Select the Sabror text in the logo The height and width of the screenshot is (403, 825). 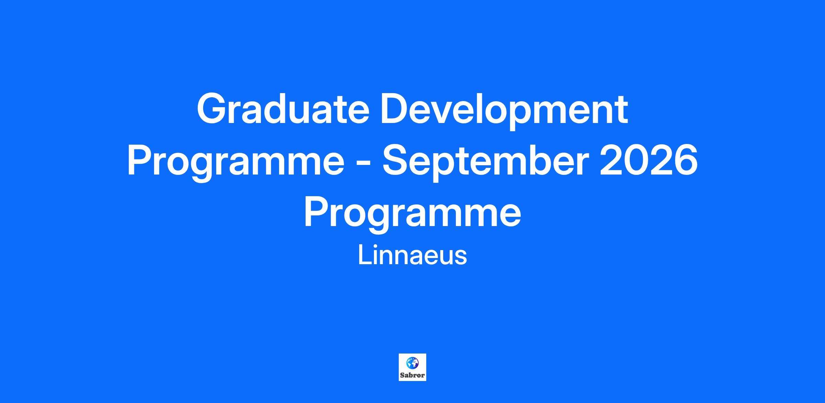click(x=412, y=375)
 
